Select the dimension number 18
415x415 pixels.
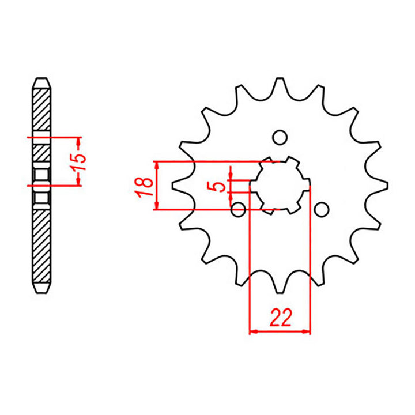point(146,185)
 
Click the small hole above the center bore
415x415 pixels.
point(280,138)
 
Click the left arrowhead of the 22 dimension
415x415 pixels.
point(252,331)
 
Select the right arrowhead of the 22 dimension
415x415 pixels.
point(307,331)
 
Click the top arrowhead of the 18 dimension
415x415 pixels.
point(156,164)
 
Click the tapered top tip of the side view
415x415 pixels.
point(41,81)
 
